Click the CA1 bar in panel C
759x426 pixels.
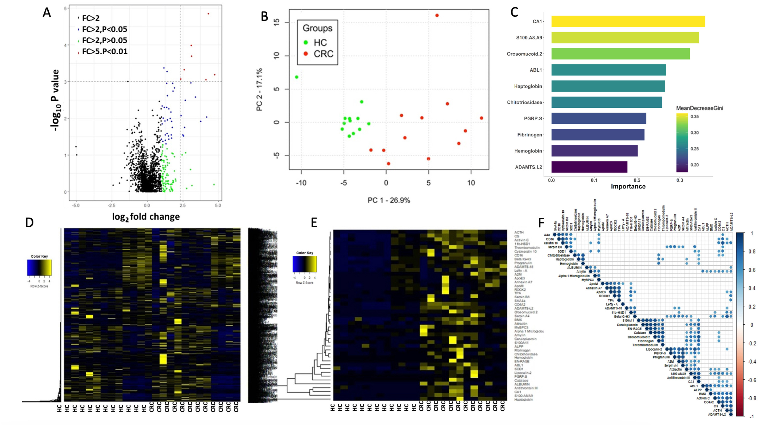pyautogui.click(x=628, y=22)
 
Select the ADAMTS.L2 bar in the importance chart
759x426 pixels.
pyautogui.click(x=589, y=167)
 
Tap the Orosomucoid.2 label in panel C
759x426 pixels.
pyautogui.click(x=524, y=54)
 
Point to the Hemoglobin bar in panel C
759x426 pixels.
pyautogui.click(x=594, y=151)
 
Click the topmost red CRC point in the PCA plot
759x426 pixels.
pyautogui.click(x=437, y=15)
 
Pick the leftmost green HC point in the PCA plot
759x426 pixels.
pyautogui.click(x=297, y=77)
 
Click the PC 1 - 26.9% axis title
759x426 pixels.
pyautogui.click(x=389, y=200)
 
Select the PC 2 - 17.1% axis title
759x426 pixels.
pyautogui.click(x=259, y=89)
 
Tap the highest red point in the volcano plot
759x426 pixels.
pyautogui.click(x=208, y=14)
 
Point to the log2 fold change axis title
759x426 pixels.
pyautogui.click(x=146, y=217)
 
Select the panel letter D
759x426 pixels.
pyautogui.click(x=29, y=223)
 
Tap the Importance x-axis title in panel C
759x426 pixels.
pyautogui.click(x=628, y=186)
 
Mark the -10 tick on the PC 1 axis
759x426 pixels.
pyautogui.click(x=301, y=183)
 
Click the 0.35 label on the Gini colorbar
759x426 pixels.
pyautogui.click(x=694, y=116)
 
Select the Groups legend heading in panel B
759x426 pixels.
pyautogui.click(x=317, y=28)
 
